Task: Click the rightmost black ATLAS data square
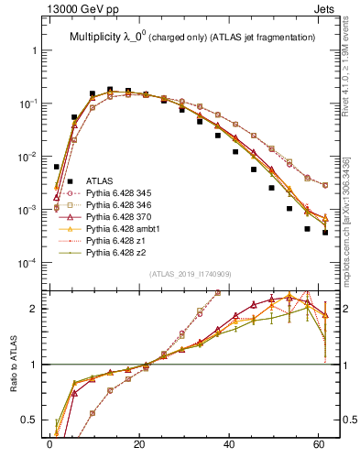325,233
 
